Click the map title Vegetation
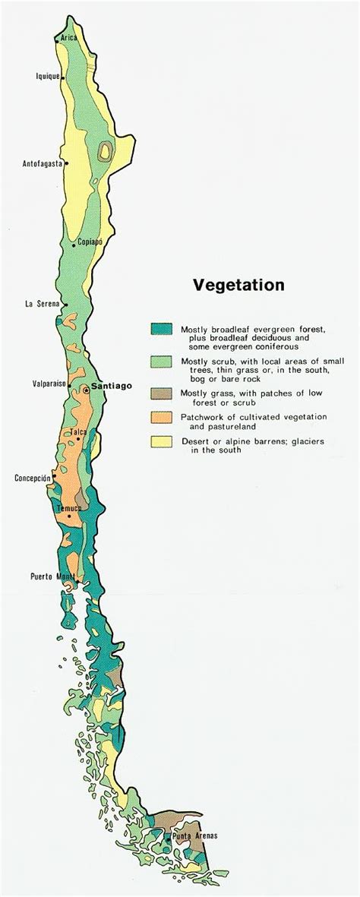pos(238,286)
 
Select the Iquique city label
pos(48,75)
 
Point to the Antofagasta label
pos(42,163)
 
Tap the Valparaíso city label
pos(49,384)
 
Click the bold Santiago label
pos(111,386)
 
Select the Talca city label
pos(78,432)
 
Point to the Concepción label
pos(33,478)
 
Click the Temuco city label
pos(68,507)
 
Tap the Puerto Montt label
pos(52,576)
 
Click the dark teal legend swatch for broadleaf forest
pos(161,329)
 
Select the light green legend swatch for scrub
pos(161,361)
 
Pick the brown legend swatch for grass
pos(161,393)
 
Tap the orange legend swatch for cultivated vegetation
pos(161,417)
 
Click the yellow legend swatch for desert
pos(161,441)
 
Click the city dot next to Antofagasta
pos(67,163)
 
